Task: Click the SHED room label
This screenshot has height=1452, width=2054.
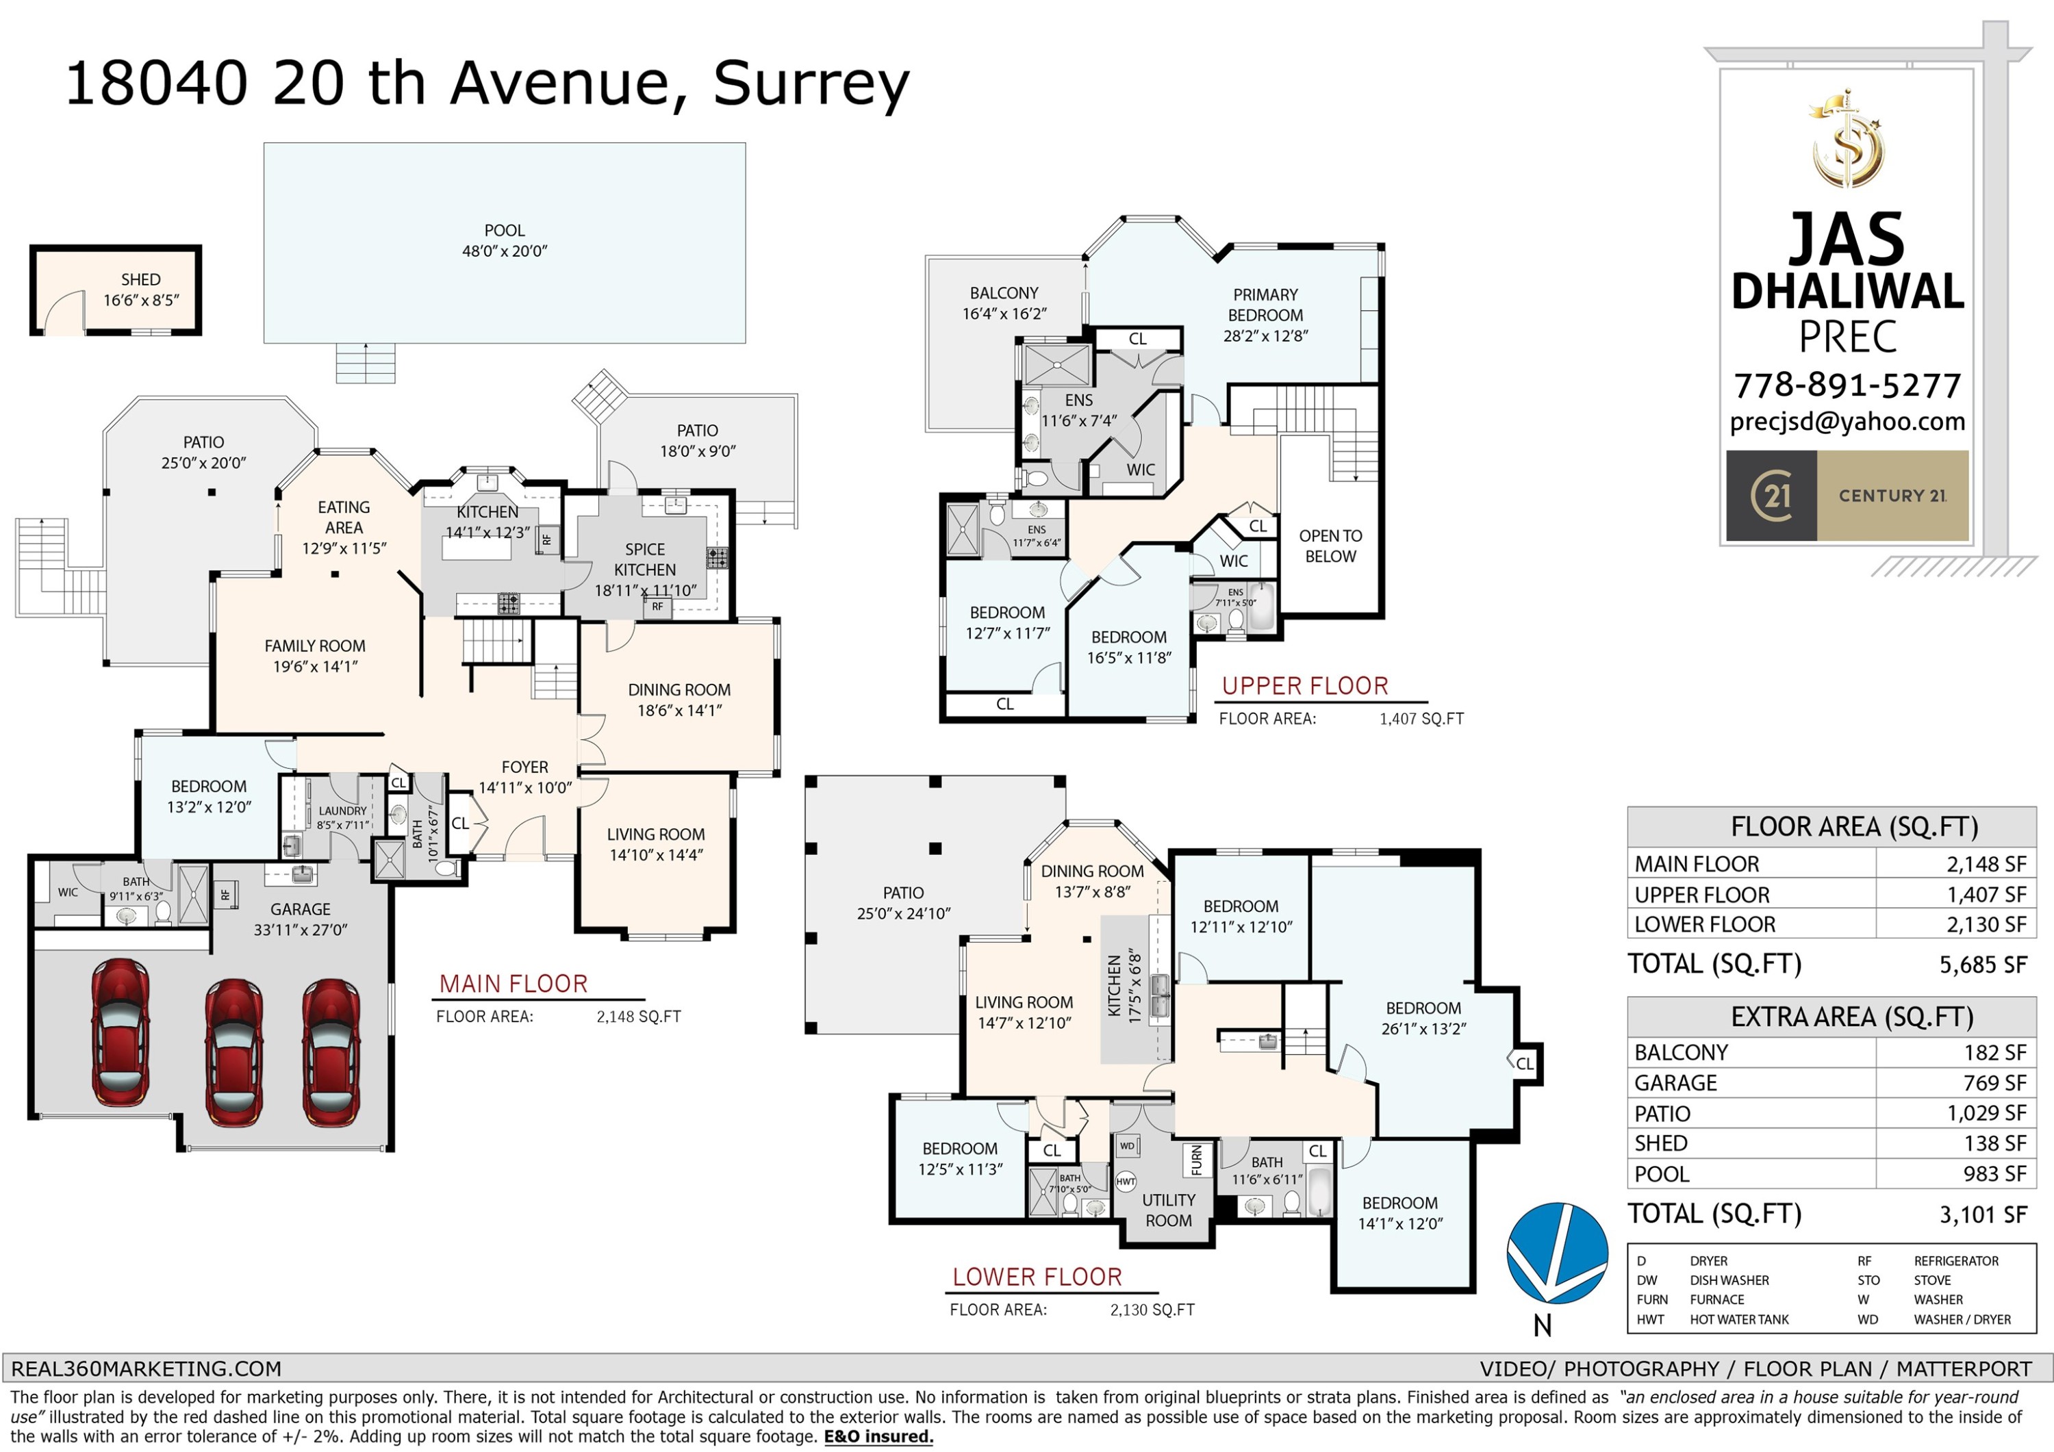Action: click(x=140, y=280)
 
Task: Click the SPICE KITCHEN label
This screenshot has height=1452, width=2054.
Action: click(x=645, y=559)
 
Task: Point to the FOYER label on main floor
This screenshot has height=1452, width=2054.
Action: click(x=524, y=767)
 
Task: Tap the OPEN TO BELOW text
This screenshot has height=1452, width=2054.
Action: click(x=1330, y=546)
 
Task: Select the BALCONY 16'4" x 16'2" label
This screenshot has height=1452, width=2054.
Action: click(x=1004, y=303)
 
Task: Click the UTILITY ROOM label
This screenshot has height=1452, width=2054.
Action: click(x=1168, y=1210)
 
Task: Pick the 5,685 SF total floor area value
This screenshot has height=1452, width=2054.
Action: click(x=1981, y=965)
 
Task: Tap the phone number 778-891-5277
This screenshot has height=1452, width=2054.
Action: click(x=1847, y=385)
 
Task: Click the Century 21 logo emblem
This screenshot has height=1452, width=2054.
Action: click(x=1771, y=495)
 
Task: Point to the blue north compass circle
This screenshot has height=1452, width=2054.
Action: click(x=1557, y=1253)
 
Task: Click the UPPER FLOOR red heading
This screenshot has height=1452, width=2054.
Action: click(x=1304, y=686)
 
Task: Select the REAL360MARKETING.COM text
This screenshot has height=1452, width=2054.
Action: click(x=146, y=1368)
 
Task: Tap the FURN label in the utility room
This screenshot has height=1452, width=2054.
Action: click(x=1196, y=1160)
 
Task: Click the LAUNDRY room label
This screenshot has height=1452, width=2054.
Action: click(x=342, y=811)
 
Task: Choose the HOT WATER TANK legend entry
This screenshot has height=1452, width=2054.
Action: click(x=1739, y=1320)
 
